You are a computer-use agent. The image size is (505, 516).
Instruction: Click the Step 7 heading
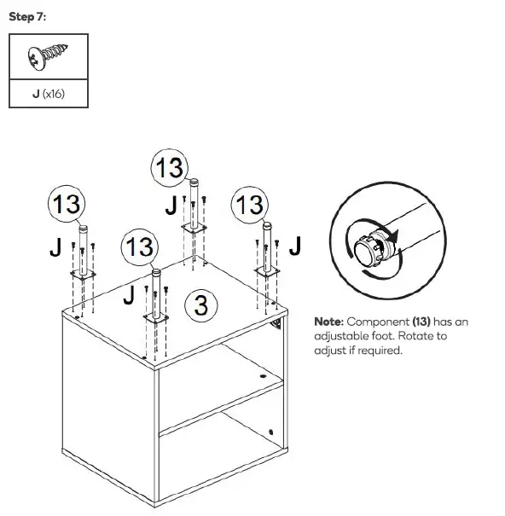26,18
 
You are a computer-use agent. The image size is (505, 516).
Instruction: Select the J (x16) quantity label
48,93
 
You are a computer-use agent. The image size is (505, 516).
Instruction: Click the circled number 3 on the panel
200,304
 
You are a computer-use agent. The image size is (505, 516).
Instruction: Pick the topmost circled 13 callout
169,168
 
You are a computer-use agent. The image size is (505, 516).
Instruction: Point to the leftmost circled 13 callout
65,205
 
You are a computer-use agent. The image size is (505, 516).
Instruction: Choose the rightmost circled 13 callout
250,205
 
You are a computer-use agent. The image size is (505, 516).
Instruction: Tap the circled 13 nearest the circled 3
140,248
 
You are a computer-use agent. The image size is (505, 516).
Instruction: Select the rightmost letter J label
295,246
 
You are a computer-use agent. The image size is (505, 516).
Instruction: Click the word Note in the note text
328,322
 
